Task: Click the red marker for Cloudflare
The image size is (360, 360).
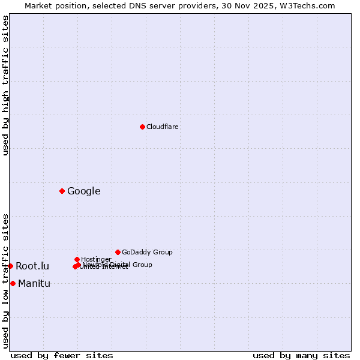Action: coord(142,127)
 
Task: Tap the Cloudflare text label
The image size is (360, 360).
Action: coord(162,127)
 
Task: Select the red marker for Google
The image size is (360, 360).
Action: coord(62,191)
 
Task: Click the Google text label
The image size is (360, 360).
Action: coord(83,191)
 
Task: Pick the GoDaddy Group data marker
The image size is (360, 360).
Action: coord(118,252)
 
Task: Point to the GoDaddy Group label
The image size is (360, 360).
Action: coord(147,253)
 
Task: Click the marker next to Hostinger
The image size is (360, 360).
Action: coord(77,259)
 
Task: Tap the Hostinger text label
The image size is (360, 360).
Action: coord(96,260)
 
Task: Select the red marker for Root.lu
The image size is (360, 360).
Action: coord(10,266)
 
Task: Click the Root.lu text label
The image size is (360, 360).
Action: coord(32,266)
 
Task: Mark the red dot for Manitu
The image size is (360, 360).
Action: coord(13,283)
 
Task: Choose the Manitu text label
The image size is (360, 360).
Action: coord(34,284)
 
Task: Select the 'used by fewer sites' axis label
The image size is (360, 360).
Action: coord(62,355)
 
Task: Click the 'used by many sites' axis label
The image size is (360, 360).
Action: coord(301,355)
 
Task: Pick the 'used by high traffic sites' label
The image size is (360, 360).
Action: coord(5,85)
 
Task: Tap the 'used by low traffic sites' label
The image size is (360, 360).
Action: coord(5,280)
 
